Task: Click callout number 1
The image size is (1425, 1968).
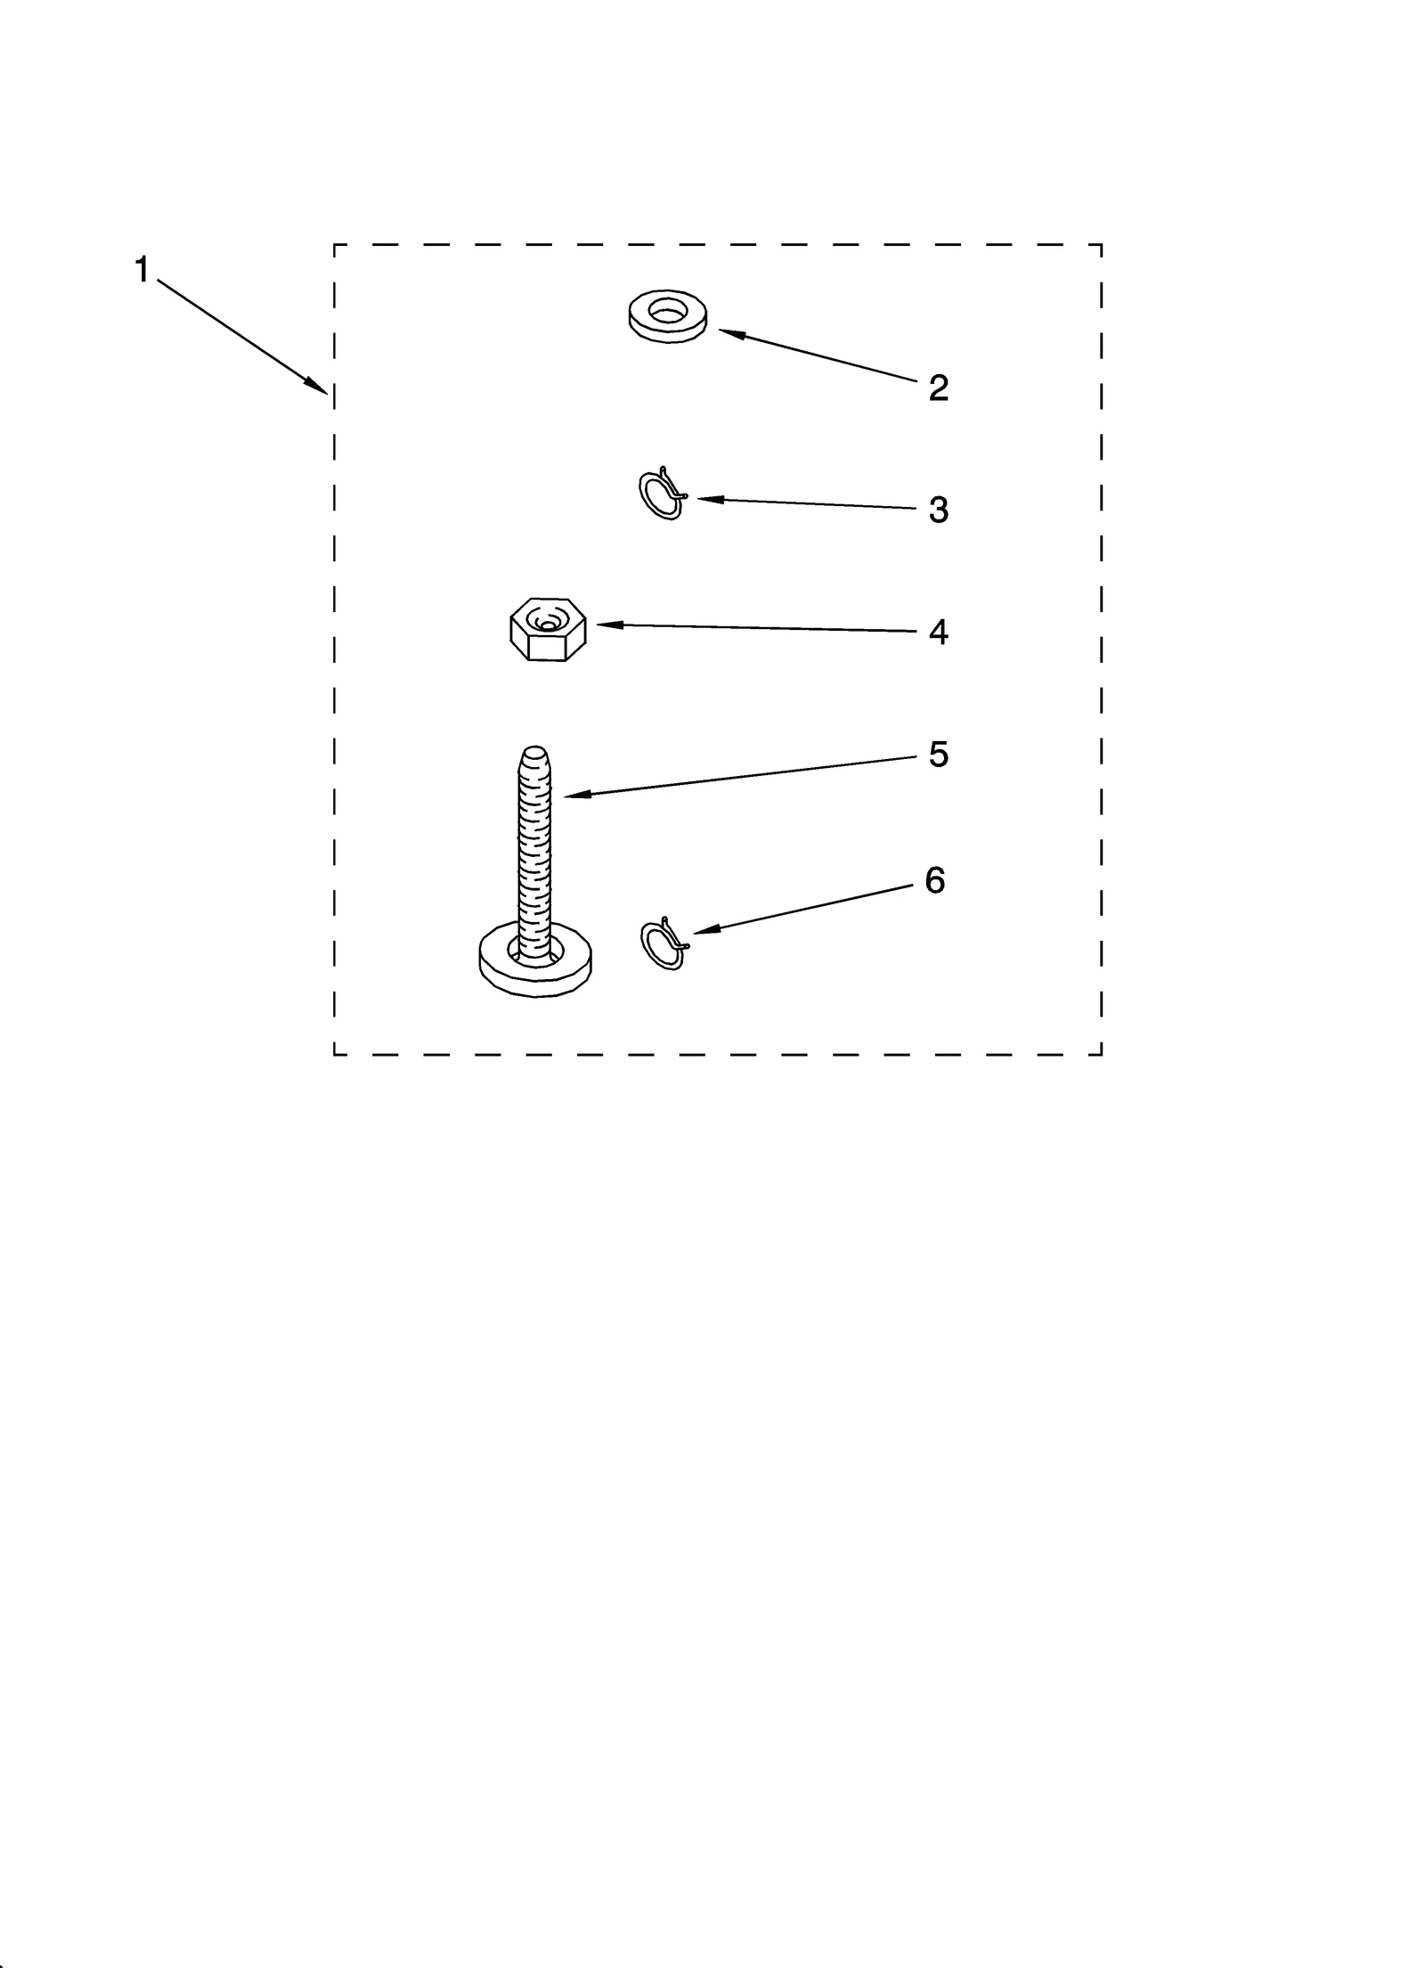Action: (x=142, y=269)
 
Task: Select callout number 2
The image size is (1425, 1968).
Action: (x=938, y=388)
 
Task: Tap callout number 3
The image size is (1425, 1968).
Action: (x=938, y=510)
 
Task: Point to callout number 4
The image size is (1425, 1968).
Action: (x=938, y=633)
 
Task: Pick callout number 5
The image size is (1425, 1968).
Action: (x=938, y=755)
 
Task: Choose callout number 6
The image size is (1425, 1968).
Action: (x=934, y=881)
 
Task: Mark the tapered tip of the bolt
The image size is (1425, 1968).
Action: (x=534, y=757)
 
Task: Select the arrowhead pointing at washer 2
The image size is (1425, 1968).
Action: (x=726, y=333)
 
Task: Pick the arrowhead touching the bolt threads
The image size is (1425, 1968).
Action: (x=569, y=795)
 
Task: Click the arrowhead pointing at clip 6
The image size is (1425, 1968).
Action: (x=699, y=931)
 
